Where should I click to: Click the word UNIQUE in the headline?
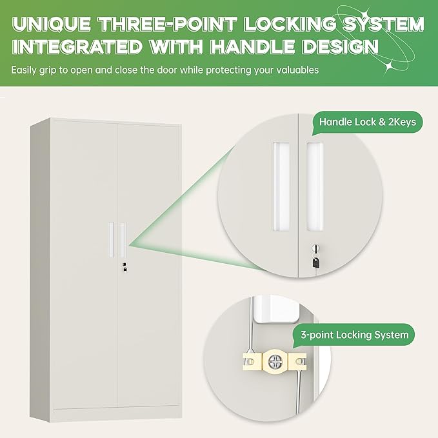click(52, 24)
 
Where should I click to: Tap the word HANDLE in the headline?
click(252, 46)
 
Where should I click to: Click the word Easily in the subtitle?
click(24, 70)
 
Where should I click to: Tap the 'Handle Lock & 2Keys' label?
click(368, 122)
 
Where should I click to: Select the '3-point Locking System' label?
click(355, 335)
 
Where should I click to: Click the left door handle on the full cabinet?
click(112, 239)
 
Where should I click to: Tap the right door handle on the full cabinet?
click(123, 239)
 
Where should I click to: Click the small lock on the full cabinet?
click(124, 266)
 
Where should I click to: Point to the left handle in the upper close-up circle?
click(281, 186)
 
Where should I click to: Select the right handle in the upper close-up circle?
click(315, 186)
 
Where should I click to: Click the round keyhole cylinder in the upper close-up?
click(315, 248)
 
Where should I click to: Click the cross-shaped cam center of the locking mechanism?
click(275, 362)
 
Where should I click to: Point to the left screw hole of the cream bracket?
click(250, 362)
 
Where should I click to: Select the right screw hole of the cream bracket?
click(300, 362)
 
